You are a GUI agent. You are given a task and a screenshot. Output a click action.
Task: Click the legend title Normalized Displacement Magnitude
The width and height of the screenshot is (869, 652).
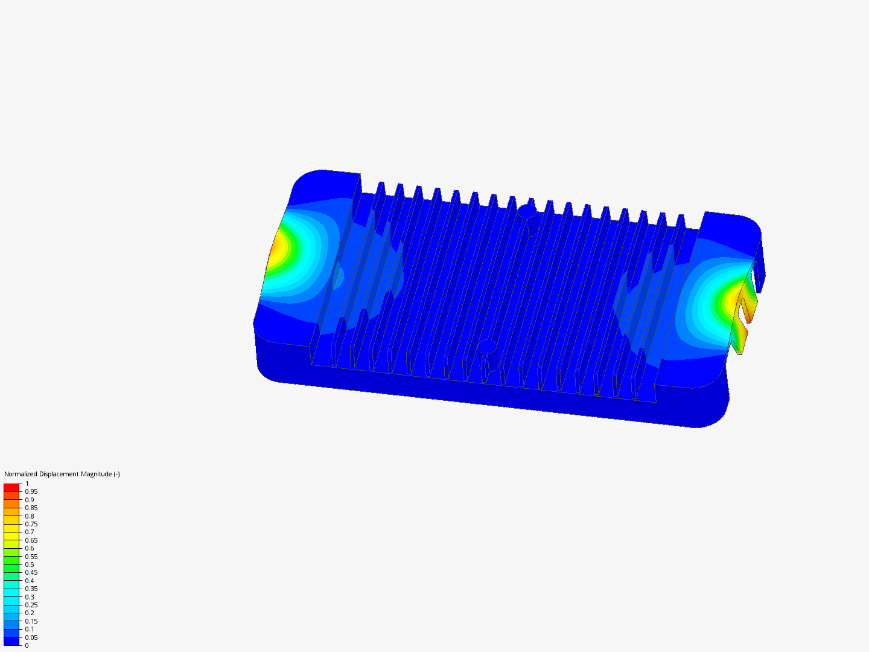62,474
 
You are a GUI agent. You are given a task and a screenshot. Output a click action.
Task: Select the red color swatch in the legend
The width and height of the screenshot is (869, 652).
11,488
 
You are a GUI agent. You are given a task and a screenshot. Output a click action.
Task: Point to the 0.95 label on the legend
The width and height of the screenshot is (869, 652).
31,491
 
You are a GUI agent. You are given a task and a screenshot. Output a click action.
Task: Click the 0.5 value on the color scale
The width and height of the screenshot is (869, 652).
30,564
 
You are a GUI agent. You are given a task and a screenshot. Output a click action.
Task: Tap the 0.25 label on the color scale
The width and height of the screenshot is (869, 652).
31,605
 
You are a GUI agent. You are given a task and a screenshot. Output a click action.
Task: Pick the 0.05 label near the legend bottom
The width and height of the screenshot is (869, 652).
31,638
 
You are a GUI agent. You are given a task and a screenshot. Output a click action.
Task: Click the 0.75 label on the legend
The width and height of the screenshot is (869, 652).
31,524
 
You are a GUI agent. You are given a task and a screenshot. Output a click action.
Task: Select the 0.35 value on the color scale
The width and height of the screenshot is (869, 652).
31,589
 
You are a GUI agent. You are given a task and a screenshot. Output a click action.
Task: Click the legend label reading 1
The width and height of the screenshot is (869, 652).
27,484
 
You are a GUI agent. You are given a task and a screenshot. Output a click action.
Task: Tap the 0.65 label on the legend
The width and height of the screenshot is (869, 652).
31,540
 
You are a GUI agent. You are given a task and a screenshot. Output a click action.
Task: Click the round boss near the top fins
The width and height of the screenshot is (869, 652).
527,211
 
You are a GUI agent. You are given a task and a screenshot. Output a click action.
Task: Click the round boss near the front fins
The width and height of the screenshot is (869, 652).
487,347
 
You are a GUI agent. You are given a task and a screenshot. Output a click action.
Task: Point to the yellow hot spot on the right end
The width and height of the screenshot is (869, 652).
732,299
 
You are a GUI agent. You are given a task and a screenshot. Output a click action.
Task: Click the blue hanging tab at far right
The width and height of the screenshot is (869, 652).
760,272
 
